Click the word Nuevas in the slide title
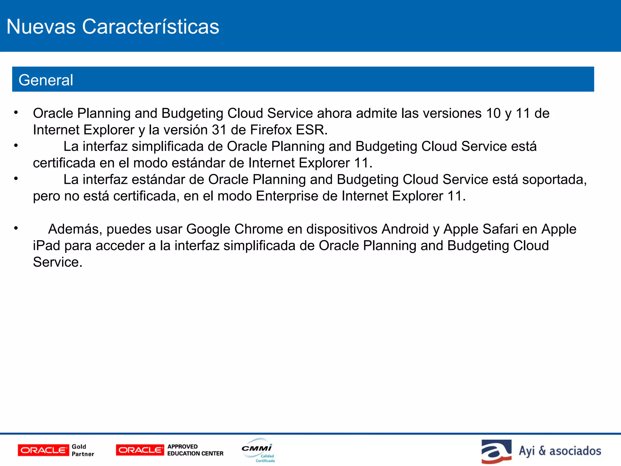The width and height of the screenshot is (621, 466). point(41,27)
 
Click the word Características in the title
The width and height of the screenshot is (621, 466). point(151,27)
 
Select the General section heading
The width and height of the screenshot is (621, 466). point(46,80)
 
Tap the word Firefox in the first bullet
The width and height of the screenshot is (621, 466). point(271,130)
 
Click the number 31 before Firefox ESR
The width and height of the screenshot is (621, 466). point(219,130)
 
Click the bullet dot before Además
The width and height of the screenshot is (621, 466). point(16,228)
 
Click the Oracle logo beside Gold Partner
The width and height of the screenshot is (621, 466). point(43,450)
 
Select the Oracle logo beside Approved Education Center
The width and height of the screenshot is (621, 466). point(140,450)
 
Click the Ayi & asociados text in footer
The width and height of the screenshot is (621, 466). point(560,451)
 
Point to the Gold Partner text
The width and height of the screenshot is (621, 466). point(83,450)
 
